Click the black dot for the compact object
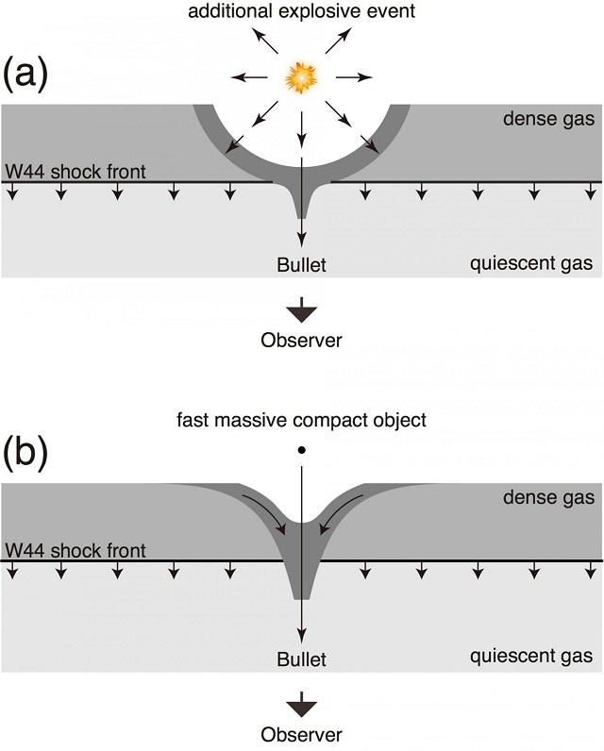(x=301, y=450)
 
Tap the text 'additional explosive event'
(x=302, y=11)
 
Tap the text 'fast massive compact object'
(x=302, y=420)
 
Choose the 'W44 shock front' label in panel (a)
(x=75, y=173)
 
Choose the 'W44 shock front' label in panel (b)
(x=75, y=550)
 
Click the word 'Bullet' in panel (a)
(x=301, y=265)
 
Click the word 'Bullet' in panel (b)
(x=301, y=659)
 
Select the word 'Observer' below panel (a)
(x=301, y=340)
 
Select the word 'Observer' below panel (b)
(x=301, y=733)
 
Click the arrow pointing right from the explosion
(x=357, y=77)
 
